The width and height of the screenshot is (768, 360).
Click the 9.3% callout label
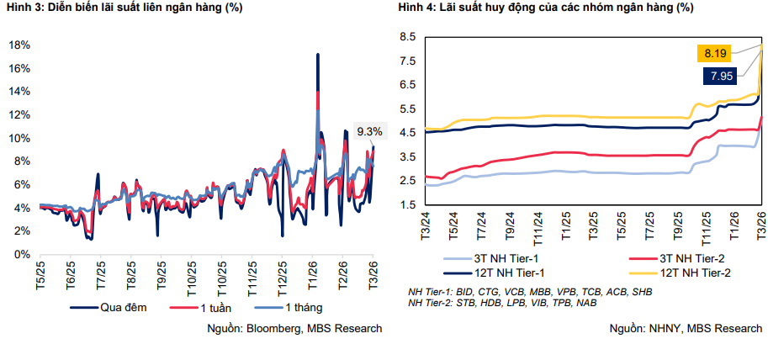click(x=369, y=131)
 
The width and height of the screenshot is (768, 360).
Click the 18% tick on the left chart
click(x=19, y=45)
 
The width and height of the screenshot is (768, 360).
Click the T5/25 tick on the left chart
click(x=40, y=276)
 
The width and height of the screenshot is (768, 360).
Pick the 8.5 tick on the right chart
click(x=408, y=37)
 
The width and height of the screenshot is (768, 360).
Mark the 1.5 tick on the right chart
click(x=408, y=205)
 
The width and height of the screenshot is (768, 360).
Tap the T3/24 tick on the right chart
click(x=426, y=225)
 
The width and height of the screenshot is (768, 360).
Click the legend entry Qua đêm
click(x=113, y=307)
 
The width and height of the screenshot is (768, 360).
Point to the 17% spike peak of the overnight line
click(x=317, y=55)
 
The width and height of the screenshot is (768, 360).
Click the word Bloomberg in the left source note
click(x=273, y=328)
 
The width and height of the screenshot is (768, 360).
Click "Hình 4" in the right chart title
click(x=418, y=8)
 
